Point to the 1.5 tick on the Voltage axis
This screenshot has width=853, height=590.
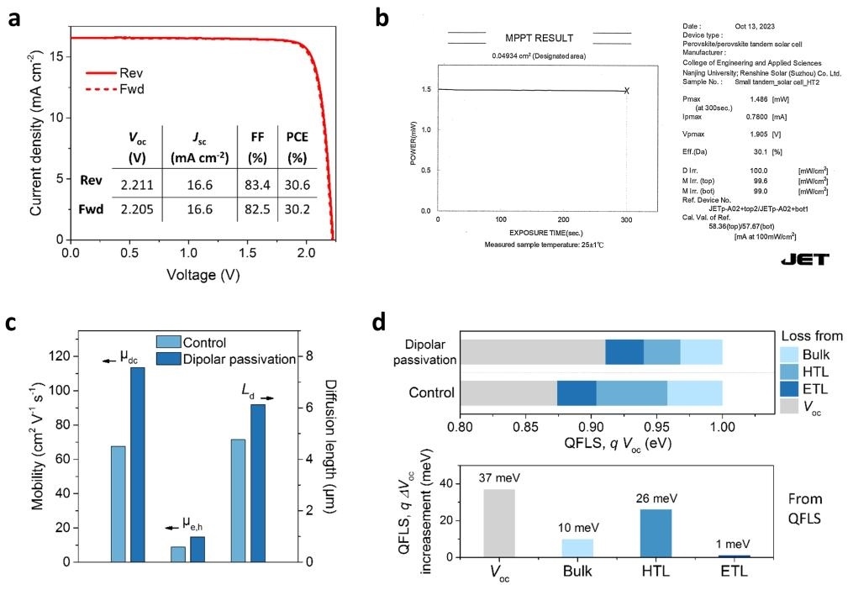pyautogui.click(x=248, y=251)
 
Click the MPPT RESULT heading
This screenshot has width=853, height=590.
pyautogui.click(x=540, y=38)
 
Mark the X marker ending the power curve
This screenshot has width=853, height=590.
pyautogui.click(x=627, y=90)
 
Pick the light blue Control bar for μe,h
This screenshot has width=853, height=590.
pyautogui.click(x=178, y=554)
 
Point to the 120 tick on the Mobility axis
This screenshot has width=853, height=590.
pyautogui.click(x=64, y=357)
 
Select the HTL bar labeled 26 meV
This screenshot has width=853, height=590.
pyautogui.click(x=661, y=533)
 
